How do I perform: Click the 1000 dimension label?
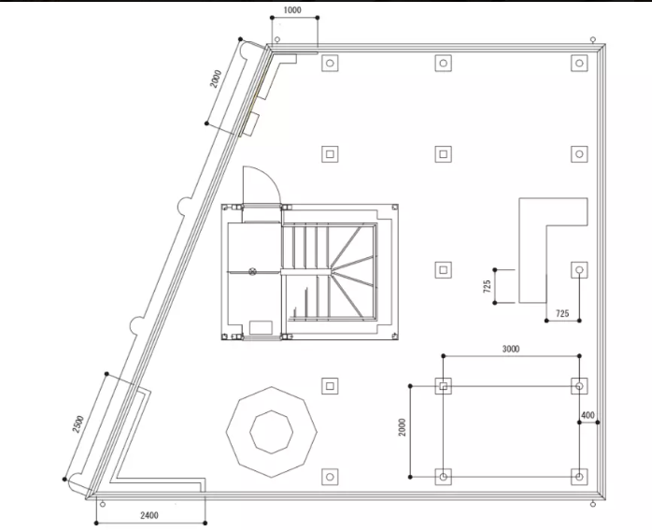(291, 10)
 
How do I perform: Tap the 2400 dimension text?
(149, 515)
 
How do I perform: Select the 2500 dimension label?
(78, 424)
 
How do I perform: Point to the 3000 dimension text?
(511, 349)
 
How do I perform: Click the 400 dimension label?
(588, 415)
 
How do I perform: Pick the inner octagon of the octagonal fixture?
(271, 432)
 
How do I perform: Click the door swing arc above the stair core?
(266, 177)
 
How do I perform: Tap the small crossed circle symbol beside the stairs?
(252, 272)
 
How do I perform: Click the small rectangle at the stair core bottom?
(261, 327)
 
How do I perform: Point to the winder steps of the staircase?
(353, 273)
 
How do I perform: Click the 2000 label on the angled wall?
(216, 79)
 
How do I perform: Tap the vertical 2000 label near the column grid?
(402, 427)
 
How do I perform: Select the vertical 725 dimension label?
(487, 286)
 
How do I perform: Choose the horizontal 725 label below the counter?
(562, 313)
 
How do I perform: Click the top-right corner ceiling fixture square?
(579, 64)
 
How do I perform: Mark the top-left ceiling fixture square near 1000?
(330, 64)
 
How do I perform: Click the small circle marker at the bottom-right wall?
(593, 504)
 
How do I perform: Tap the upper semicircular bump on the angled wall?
(181, 205)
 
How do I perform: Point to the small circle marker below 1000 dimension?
(277, 39)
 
